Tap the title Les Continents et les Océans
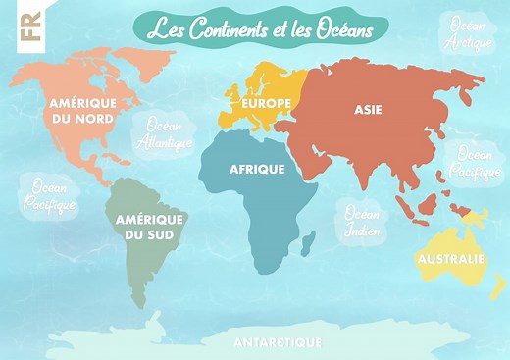point(260,29)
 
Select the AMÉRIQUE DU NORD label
point(82,110)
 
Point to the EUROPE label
point(261,102)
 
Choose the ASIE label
point(369,110)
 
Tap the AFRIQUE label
point(257,169)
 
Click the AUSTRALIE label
point(450,259)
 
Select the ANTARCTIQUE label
point(278,342)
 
